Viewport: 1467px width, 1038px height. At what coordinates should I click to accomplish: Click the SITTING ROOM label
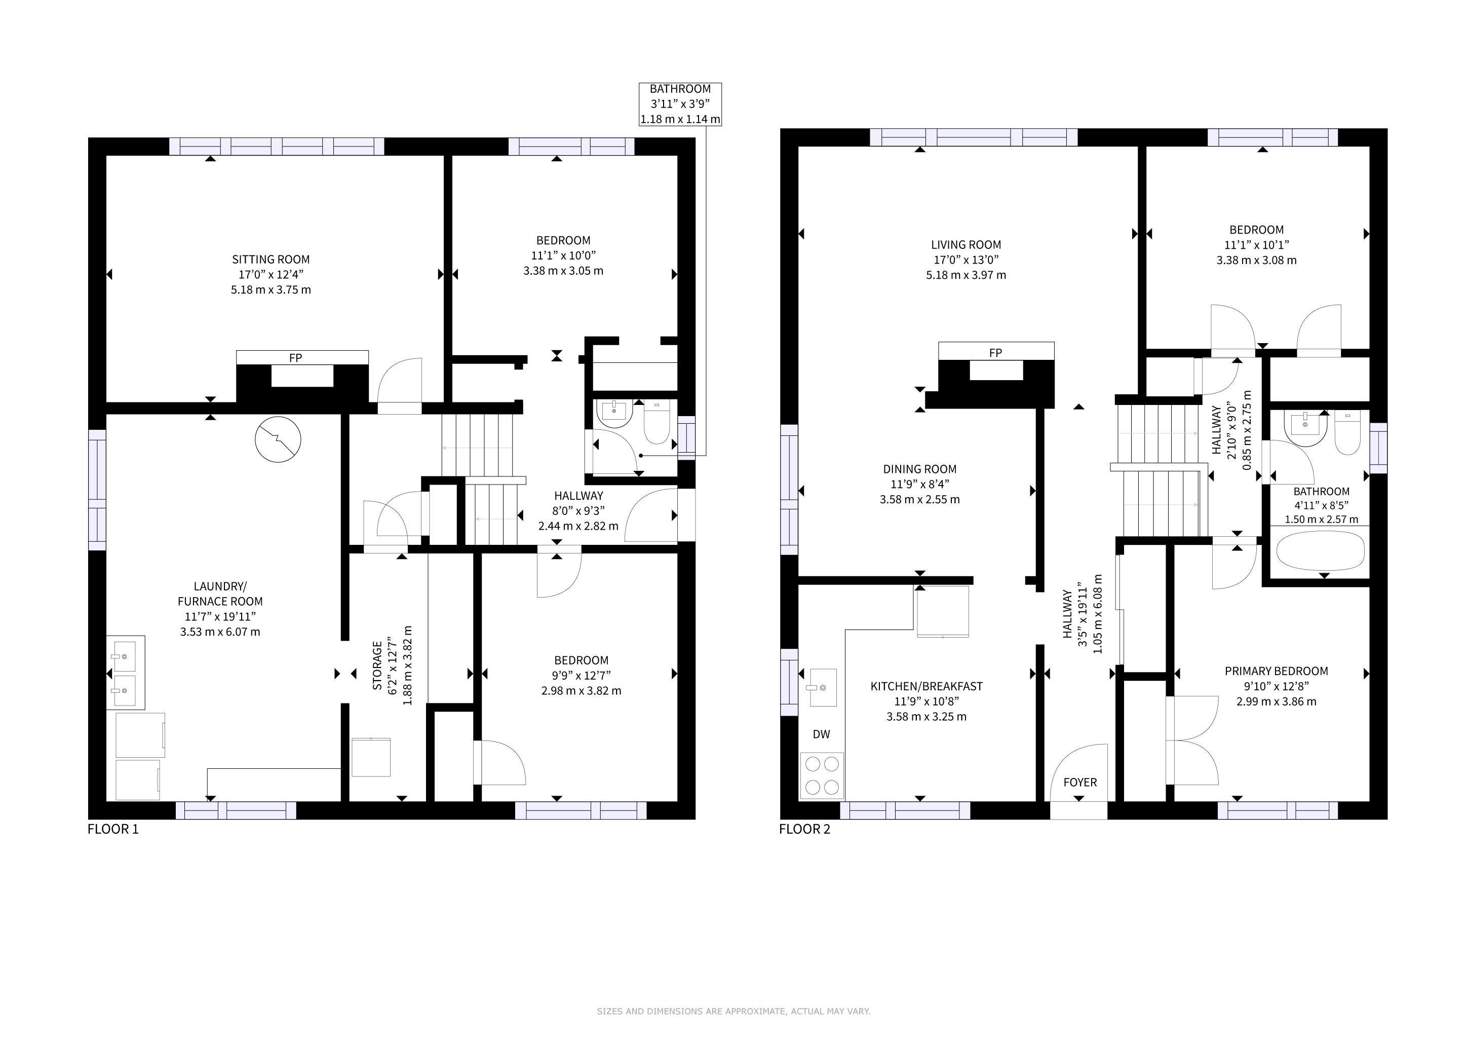(271, 259)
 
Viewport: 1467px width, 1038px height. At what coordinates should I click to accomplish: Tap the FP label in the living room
(995, 353)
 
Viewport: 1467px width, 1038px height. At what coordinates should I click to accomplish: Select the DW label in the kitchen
(821, 734)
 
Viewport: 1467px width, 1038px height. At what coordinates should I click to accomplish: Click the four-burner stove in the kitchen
(822, 776)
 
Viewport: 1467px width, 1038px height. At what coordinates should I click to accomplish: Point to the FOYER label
(1080, 783)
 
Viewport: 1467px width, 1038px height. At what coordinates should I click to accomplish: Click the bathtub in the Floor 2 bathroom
(1320, 550)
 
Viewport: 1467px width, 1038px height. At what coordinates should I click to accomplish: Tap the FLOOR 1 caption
(113, 830)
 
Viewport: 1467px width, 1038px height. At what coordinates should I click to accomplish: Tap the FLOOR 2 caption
(804, 830)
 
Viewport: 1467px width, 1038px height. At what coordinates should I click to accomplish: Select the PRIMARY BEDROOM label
(1276, 671)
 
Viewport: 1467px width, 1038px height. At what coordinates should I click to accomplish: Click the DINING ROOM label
(919, 469)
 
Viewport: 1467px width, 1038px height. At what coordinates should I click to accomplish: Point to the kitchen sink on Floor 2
(823, 687)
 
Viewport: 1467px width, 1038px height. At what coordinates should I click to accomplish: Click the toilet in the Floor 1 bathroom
(656, 422)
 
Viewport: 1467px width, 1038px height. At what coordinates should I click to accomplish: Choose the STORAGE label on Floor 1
(377, 666)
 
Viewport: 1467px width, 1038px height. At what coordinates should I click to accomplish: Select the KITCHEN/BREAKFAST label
(926, 686)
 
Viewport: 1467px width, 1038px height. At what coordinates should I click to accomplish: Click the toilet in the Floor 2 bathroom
(1347, 433)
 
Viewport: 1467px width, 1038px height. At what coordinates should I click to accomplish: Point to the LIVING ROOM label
(966, 245)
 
